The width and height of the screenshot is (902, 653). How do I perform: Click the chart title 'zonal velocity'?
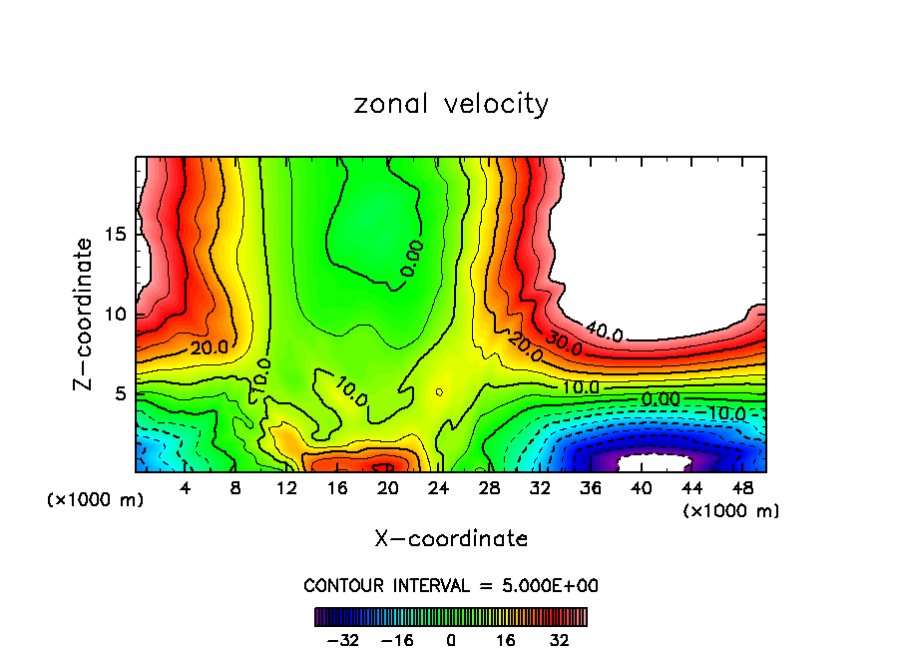click(x=451, y=104)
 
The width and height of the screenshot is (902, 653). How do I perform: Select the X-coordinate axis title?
click(x=451, y=539)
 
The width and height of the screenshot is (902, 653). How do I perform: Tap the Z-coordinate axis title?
click(x=86, y=314)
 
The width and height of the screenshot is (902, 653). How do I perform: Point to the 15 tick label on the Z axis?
click(x=116, y=235)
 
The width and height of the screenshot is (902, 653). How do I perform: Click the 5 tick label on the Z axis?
click(x=121, y=393)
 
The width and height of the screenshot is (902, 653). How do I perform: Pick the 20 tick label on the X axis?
click(x=388, y=488)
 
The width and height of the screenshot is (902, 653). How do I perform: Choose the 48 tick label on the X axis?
click(x=742, y=488)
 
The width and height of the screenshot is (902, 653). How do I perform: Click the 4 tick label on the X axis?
click(x=186, y=488)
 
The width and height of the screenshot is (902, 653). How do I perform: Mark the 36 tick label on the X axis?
click(x=591, y=488)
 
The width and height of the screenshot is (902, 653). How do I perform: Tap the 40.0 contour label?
click(x=604, y=331)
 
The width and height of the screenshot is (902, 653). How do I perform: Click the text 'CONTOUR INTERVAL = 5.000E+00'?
click(x=451, y=585)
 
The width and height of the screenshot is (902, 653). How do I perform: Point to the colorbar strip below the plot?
click(x=451, y=616)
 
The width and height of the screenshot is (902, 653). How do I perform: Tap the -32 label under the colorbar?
click(x=342, y=640)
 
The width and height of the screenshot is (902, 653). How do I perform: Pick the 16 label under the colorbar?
click(x=505, y=640)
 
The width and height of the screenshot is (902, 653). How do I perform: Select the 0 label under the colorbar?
click(x=451, y=640)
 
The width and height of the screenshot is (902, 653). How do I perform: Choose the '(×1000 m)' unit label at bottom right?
click(x=731, y=511)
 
